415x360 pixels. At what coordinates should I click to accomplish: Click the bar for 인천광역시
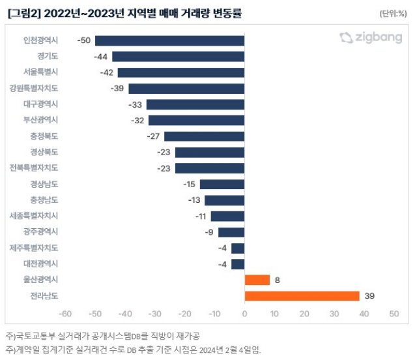click(169, 40)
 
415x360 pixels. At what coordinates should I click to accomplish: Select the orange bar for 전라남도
click(302, 296)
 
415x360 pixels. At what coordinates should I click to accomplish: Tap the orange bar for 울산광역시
click(257, 280)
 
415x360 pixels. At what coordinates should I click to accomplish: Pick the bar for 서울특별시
click(181, 72)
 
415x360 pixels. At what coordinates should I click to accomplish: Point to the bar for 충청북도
click(204, 136)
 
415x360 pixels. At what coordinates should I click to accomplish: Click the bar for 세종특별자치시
click(227, 216)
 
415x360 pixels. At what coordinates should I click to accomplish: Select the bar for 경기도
click(178, 57)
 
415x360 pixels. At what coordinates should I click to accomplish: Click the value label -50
click(84, 40)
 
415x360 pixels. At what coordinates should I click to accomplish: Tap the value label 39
click(369, 296)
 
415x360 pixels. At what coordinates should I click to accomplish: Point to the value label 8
click(277, 280)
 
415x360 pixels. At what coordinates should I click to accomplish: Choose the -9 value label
click(210, 232)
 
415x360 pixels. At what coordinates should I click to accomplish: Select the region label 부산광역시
click(40, 120)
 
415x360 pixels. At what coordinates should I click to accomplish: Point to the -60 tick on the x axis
click(65, 314)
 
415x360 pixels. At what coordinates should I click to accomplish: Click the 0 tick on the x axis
click(244, 314)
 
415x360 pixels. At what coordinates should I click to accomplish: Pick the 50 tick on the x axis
click(394, 314)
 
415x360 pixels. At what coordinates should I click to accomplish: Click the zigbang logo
click(371, 38)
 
